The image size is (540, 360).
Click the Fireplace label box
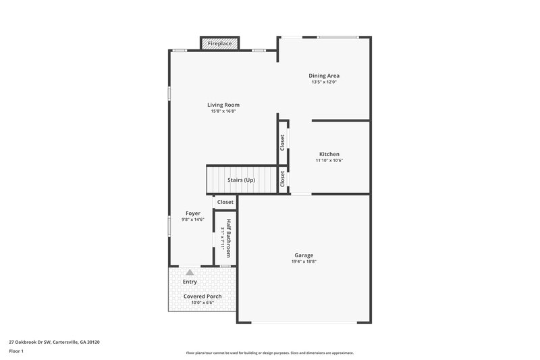219,43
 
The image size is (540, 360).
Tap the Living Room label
223,105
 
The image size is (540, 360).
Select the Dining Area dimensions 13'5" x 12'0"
324,82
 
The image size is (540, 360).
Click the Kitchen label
329,154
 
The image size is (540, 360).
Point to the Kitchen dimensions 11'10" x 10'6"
329,161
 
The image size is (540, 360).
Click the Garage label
304,255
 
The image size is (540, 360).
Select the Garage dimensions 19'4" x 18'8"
304,261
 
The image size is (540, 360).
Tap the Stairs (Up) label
241,180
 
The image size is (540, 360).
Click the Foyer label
193,213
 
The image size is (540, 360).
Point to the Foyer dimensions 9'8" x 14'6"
193,220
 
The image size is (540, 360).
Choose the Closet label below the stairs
225,202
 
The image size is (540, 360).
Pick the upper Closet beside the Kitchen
282,142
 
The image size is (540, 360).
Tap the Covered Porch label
202,296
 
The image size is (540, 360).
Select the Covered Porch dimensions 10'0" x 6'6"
202,303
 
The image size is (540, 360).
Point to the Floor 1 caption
17,351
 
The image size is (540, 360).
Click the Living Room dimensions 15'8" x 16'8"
223,111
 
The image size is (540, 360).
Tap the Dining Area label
324,76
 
